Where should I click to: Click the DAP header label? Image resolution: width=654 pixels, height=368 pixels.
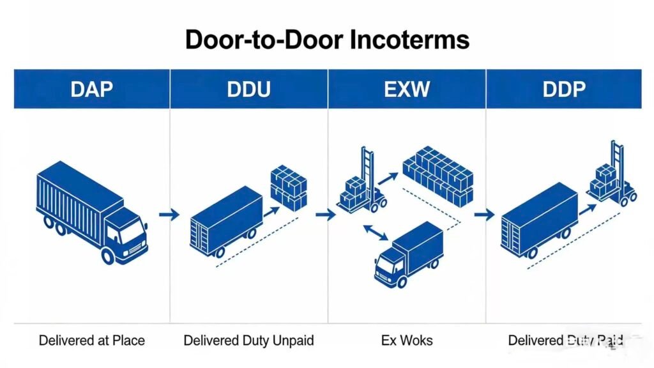[x=91, y=89]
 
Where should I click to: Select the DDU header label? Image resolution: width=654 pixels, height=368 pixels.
[x=248, y=89]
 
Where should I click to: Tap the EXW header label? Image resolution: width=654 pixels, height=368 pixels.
[x=406, y=89]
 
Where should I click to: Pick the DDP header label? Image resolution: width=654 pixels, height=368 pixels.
[x=563, y=89]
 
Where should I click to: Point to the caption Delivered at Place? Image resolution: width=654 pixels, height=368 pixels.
[x=91, y=340]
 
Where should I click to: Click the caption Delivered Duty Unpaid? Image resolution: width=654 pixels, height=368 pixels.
[x=248, y=340]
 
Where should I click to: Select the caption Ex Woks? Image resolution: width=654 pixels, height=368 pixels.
[x=406, y=340]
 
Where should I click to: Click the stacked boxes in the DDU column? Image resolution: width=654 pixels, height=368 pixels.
[x=289, y=188]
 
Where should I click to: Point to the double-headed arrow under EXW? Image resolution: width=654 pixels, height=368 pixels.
[x=376, y=233]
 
